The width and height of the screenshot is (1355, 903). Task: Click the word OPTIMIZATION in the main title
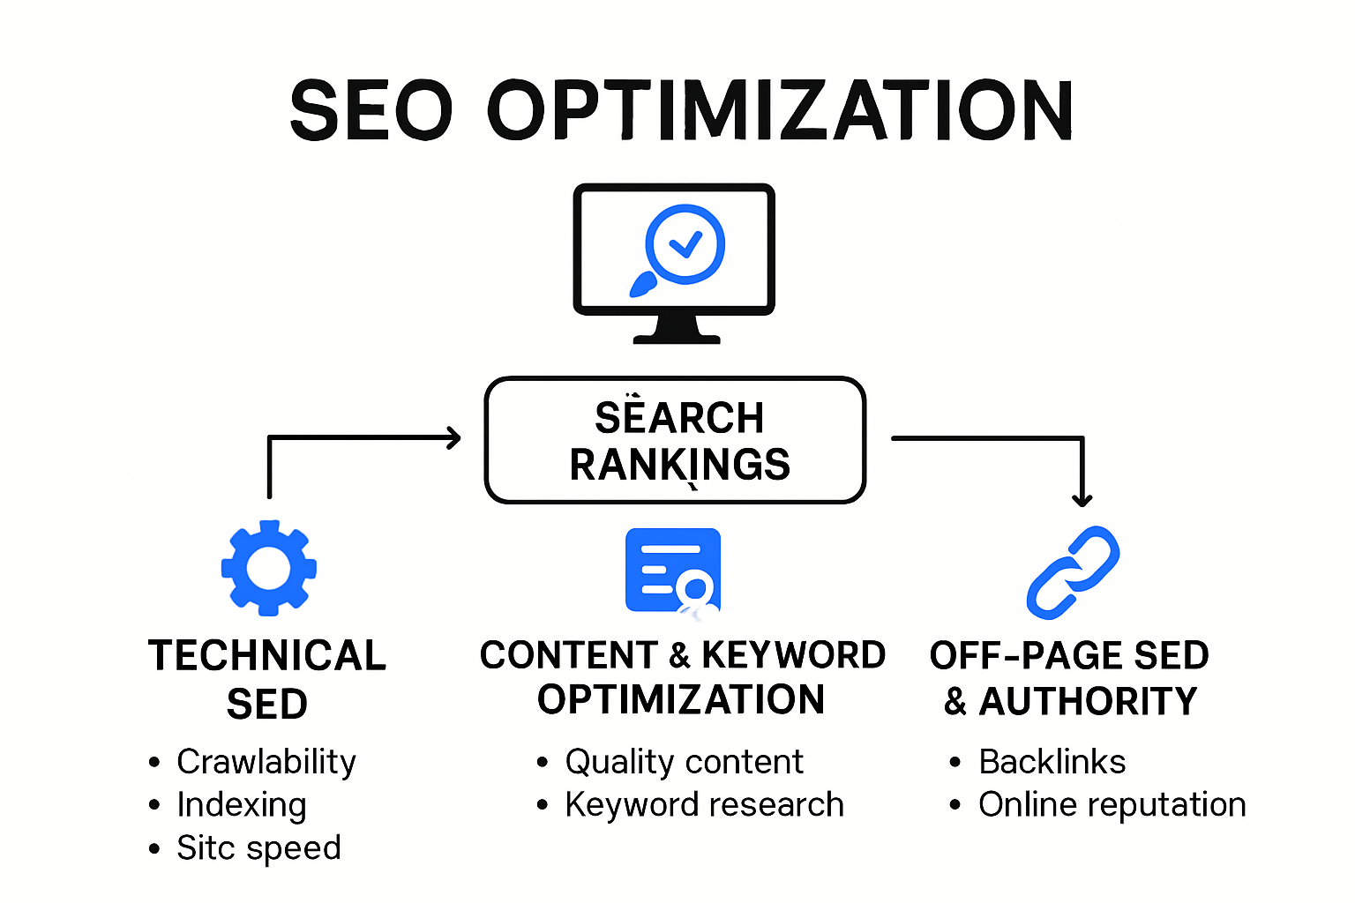coord(780,110)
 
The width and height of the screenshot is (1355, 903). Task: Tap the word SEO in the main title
coord(371,110)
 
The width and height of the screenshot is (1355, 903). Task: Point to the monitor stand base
coord(677,337)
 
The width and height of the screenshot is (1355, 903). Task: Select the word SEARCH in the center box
coord(678,418)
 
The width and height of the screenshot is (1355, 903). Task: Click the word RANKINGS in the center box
coord(679,465)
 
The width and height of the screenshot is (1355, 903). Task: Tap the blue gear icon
coord(268,568)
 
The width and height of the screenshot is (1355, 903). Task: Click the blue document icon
coord(672,570)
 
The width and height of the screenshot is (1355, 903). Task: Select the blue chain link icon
coord(1073,572)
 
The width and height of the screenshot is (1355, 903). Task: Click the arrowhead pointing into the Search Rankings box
coord(454,437)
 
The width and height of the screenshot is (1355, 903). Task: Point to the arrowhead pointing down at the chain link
coord(1082,500)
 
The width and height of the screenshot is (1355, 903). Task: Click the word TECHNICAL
coord(267,656)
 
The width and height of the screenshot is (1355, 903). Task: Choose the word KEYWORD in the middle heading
coord(793,655)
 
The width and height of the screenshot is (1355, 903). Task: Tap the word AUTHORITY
coord(1088,702)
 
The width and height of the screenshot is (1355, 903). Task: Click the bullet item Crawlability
coord(266,762)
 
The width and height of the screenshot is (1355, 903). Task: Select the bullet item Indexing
coord(241,805)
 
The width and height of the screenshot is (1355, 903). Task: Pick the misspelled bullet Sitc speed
coord(258,848)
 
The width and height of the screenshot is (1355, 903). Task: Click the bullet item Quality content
coord(684,762)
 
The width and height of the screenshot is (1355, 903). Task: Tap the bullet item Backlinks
coord(1052,762)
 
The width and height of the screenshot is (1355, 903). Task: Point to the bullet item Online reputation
coord(1112,805)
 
